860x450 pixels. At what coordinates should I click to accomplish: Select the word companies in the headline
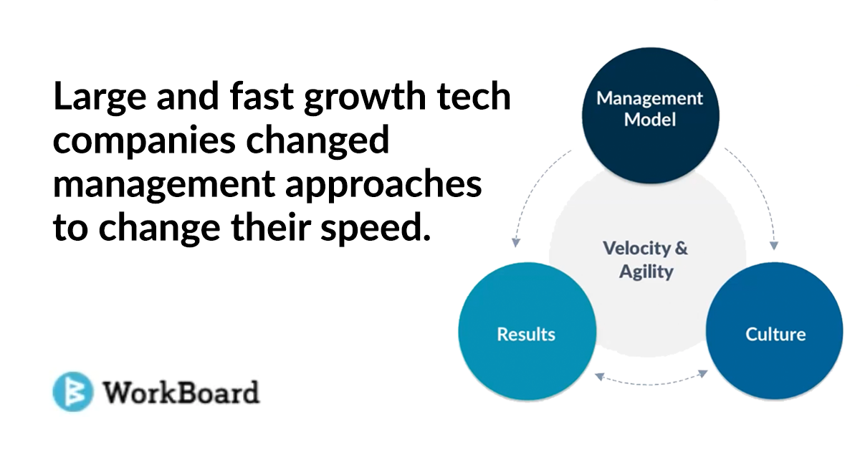pos(144,141)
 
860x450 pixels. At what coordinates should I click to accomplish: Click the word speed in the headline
pos(376,229)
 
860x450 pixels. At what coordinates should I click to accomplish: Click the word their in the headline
pos(271,226)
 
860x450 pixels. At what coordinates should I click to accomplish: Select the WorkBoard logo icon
pos(73,391)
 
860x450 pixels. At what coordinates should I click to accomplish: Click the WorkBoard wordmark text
pos(181,393)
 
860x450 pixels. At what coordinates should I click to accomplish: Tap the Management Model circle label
pos(649,109)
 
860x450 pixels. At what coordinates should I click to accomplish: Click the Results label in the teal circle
pos(526,334)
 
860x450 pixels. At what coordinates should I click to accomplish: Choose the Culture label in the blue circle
pos(775,334)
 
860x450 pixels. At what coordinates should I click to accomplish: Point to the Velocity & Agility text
pos(646,260)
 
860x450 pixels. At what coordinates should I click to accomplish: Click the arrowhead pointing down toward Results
pos(516,243)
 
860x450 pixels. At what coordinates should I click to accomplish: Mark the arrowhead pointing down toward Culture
pos(774,245)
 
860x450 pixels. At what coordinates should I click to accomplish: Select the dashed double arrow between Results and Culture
pos(651,383)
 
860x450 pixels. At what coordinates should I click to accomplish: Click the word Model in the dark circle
pos(649,120)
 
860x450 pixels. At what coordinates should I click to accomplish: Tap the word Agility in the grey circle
pos(646,272)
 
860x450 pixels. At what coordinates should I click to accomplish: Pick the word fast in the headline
pos(262,95)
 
